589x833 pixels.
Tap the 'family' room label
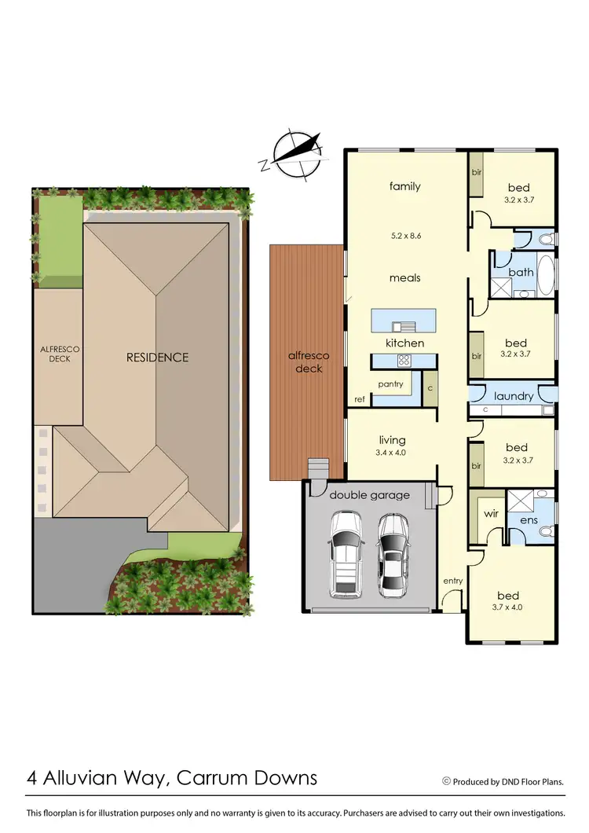405,186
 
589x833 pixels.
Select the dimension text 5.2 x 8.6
405,235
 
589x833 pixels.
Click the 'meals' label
405,277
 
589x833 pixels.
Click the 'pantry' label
390,384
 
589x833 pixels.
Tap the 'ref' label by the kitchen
359,399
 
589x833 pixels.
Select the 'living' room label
391,440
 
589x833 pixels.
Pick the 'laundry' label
514,396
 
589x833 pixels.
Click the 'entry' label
452,581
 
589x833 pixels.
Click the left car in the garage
346,553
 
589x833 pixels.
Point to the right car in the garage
393,553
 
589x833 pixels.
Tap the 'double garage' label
369,495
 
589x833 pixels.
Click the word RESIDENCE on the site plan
158,358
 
